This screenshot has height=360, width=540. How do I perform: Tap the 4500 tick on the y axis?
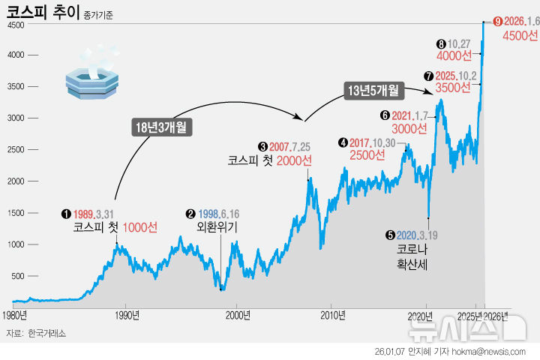tap(16, 25)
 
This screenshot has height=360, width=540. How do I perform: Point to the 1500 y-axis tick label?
tap(16, 214)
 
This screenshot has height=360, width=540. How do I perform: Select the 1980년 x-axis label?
tap(15, 315)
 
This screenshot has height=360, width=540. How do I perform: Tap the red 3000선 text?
tap(409, 128)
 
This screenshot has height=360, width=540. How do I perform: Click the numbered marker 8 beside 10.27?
tap(441, 44)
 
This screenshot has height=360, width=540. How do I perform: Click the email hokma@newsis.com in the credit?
tap(497, 350)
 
